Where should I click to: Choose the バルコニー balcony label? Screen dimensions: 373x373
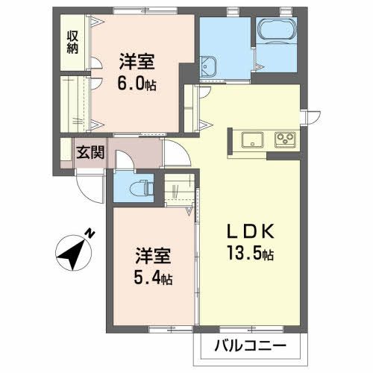(251, 345)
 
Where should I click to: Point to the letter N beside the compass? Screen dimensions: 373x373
(90, 233)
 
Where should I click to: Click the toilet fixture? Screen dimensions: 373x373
(140, 187)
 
